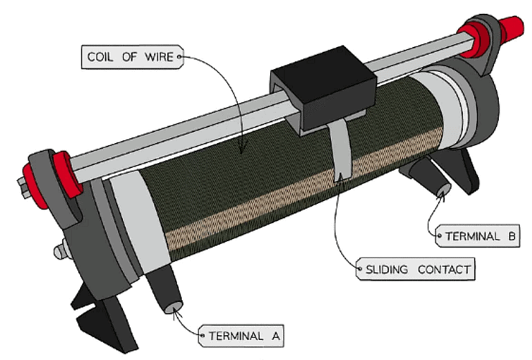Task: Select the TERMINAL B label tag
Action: [477, 236]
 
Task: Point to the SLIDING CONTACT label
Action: [416, 269]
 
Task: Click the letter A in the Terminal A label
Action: [274, 337]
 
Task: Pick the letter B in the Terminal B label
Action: [511, 236]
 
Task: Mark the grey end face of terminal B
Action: [442, 187]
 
